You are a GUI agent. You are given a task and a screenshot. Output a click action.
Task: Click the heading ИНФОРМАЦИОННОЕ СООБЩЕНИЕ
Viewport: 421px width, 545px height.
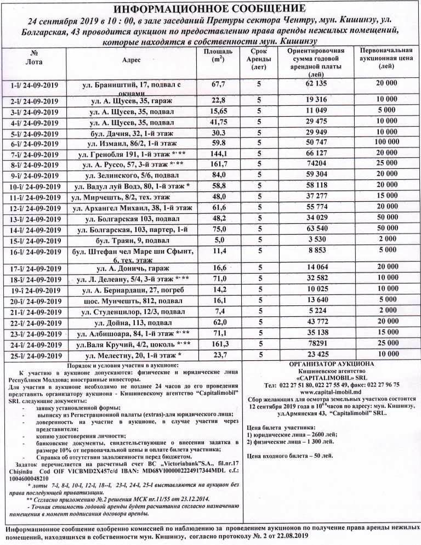pos(210,8)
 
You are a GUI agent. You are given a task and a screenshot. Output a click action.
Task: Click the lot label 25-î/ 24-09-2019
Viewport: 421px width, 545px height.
pos(35,355)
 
